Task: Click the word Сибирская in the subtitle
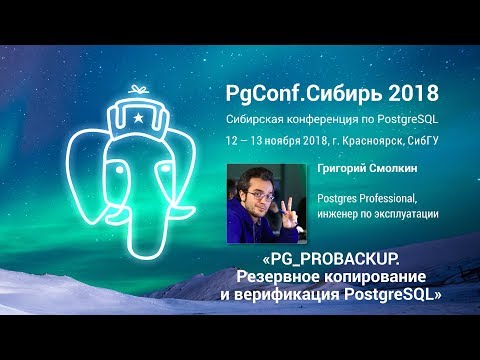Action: [259, 118]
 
